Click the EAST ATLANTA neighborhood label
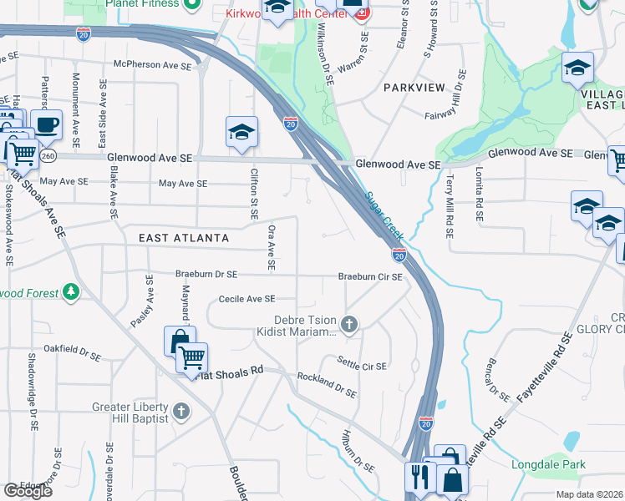[184, 238]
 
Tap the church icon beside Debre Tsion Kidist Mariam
[351, 323]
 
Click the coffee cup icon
[48, 125]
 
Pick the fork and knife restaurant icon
[418, 477]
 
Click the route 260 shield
[48, 155]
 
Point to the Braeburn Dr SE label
[206, 274]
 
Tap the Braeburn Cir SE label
[372, 276]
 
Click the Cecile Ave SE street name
[246, 298]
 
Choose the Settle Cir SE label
[362, 363]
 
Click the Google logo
[28, 490]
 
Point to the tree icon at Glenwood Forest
[71, 292]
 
